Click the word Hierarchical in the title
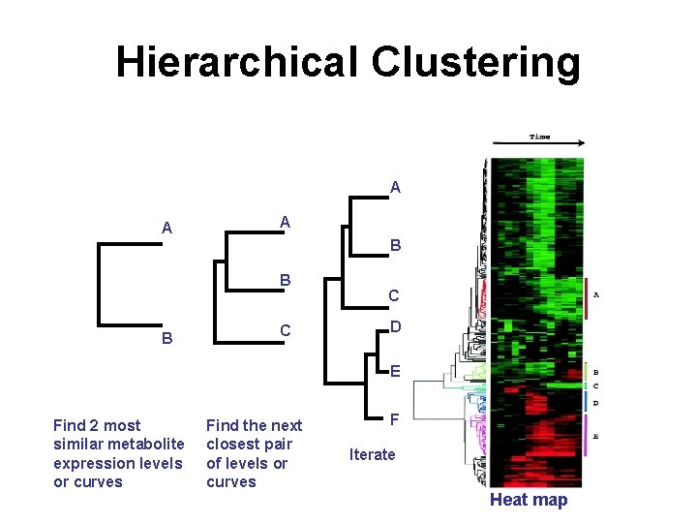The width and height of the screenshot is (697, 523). (x=236, y=63)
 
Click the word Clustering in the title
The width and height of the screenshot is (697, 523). (x=474, y=63)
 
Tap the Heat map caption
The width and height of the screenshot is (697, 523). (x=529, y=500)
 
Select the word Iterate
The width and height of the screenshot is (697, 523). (x=373, y=454)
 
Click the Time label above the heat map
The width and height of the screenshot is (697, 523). (x=539, y=137)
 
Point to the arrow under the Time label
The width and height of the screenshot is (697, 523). (x=538, y=145)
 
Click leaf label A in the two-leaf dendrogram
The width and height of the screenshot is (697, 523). (x=167, y=229)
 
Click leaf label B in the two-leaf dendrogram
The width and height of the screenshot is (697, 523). (x=167, y=339)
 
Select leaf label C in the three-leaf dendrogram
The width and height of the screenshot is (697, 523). (x=285, y=330)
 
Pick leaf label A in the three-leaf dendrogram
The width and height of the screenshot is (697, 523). (x=285, y=222)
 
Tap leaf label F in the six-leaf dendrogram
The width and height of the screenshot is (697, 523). (x=394, y=419)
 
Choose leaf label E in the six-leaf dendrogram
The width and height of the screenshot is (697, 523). (x=394, y=370)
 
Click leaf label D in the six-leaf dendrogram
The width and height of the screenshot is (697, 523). (x=394, y=326)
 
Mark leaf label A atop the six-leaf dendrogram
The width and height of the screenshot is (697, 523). (x=395, y=187)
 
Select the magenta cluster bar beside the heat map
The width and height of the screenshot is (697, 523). (x=586, y=436)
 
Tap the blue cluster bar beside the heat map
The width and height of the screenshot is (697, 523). (x=586, y=400)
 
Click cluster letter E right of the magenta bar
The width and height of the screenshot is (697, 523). (x=595, y=437)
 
